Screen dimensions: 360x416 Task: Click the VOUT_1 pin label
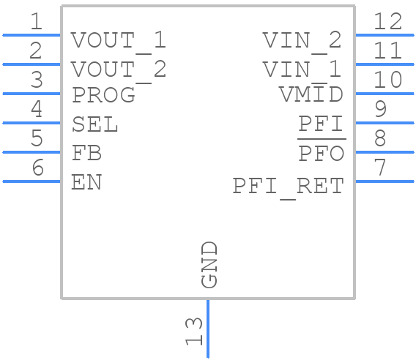pos(119,40)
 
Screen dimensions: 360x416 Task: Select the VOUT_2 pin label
pos(119,70)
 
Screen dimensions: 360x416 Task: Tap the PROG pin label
pos(103,95)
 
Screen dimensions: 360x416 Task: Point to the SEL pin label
pos(94,124)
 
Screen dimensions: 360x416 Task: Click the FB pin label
pos(86,154)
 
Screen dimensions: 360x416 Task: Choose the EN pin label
pos(86,182)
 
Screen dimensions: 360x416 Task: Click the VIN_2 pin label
pos(302,40)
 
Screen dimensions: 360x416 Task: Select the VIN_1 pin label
pos(302,70)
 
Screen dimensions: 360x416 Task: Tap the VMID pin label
pos(311,95)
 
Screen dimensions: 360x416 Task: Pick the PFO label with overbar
pos(322,154)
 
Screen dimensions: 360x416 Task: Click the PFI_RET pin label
pos(288,187)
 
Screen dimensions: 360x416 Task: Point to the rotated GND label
pos(209,264)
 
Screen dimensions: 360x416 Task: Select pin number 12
pos(387,22)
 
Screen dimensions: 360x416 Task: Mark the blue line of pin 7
pos(385,181)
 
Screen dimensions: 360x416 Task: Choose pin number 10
pos(387,80)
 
